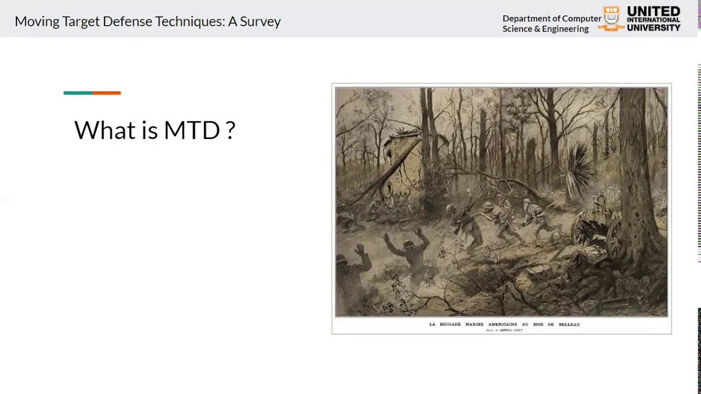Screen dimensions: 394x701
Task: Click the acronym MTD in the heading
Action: coord(191,130)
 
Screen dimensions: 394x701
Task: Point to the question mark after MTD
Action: coord(231,130)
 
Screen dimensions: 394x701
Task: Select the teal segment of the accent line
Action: coord(78,93)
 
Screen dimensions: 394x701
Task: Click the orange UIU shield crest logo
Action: coord(611,19)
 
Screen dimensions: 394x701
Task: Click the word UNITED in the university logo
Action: coord(653,11)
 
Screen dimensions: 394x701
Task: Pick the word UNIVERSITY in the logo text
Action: coord(653,27)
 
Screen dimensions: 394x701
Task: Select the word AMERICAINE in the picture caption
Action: coord(503,325)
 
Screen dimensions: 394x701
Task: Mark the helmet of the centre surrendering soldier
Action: coord(409,245)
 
